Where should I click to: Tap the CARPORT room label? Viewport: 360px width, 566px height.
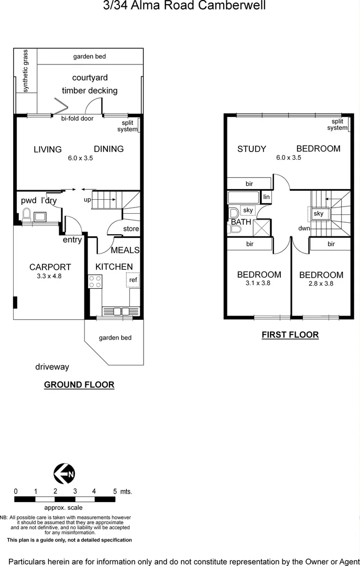click(x=50, y=267)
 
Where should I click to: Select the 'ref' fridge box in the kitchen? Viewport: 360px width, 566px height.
click(x=133, y=280)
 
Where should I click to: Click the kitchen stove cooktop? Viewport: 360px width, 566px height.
click(x=95, y=281)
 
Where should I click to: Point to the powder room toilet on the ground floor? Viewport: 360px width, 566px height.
click(x=26, y=215)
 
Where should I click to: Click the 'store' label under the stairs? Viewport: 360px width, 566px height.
click(x=131, y=229)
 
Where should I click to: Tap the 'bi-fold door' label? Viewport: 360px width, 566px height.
click(x=77, y=118)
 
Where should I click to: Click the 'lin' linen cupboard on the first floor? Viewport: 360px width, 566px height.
click(x=267, y=197)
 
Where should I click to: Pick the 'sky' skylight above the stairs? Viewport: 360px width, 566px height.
click(x=319, y=214)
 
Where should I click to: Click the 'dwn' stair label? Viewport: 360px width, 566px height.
click(x=304, y=228)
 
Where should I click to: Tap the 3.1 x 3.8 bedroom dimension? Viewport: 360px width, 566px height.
click(x=259, y=283)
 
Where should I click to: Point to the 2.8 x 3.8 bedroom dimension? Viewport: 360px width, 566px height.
click(x=321, y=284)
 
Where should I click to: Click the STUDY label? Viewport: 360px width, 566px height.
click(x=252, y=149)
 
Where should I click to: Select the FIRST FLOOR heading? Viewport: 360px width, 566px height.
click(x=290, y=335)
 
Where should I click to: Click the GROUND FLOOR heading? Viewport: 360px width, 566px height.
click(x=79, y=385)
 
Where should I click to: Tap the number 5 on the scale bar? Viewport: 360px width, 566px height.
click(x=115, y=492)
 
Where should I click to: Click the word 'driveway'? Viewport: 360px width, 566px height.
click(x=52, y=367)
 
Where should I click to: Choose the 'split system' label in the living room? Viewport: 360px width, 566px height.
click(x=127, y=126)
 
